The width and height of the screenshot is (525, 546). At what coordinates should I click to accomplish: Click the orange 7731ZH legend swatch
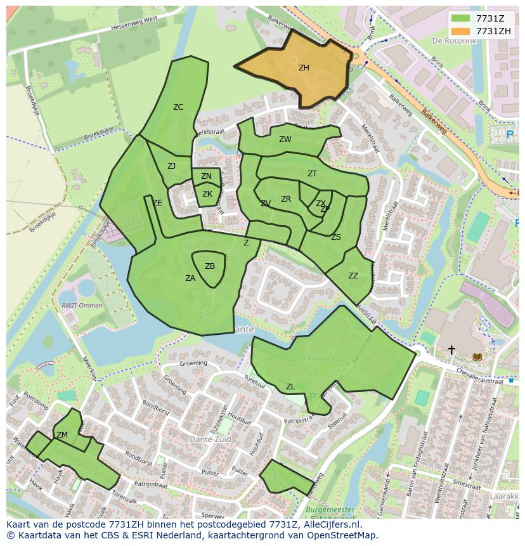(x=461, y=31)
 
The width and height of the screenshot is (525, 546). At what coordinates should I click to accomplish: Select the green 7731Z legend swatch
(x=461, y=18)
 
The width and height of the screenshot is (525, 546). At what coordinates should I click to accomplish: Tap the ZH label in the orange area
(x=304, y=68)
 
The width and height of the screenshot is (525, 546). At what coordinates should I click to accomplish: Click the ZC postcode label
(x=178, y=107)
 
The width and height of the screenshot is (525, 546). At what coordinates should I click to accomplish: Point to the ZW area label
(x=285, y=140)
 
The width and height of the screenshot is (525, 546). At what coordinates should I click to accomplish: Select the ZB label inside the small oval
(x=210, y=266)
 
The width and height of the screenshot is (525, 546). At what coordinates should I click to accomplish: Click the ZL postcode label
(x=290, y=387)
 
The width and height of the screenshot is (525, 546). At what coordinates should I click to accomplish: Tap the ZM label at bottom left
(x=62, y=435)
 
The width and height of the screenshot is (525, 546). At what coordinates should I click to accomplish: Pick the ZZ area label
(x=353, y=276)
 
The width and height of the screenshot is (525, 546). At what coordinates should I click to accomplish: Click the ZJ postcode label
(x=171, y=166)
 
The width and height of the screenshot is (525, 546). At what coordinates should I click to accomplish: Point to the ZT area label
(x=312, y=174)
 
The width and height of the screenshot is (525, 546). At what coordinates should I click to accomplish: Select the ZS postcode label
(x=336, y=237)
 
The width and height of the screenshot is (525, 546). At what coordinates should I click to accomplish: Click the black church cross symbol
(x=451, y=349)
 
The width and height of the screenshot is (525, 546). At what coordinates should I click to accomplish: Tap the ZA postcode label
(x=190, y=278)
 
